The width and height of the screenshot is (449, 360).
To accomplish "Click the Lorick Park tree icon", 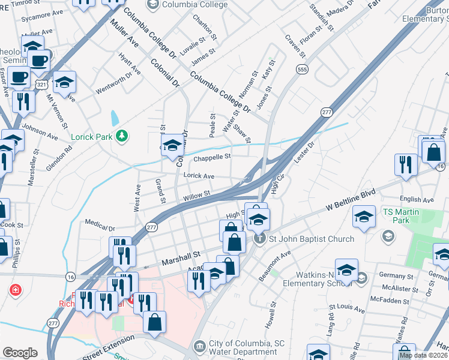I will click(x=122, y=136).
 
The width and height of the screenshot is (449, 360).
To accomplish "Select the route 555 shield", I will click(x=301, y=70).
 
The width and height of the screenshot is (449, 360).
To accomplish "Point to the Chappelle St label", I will click(x=212, y=157).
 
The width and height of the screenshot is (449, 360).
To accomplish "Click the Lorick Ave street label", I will click(x=199, y=176).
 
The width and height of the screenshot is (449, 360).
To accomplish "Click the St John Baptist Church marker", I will click(x=260, y=239).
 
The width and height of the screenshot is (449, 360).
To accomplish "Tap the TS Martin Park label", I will click(x=397, y=216).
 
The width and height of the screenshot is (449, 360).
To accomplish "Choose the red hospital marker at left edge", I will click(x=14, y=290).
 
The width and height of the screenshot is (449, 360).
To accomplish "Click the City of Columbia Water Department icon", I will click(x=200, y=346).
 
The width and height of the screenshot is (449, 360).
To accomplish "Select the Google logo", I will click(x=20, y=353).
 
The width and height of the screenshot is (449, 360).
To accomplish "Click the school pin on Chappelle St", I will click(x=172, y=146).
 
